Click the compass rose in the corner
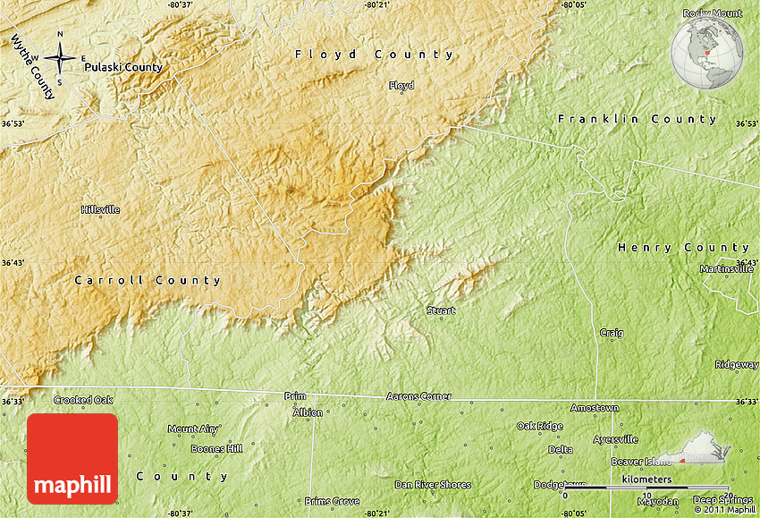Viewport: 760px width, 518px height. click(60, 58)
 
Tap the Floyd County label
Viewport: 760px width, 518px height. click(375, 55)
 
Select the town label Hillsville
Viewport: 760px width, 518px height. click(100, 209)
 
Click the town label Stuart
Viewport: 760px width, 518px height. click(441, 310)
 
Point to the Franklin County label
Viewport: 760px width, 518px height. click(637, 119)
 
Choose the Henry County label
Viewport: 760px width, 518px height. click(684, 247)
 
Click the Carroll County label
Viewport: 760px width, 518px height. click(148, 280)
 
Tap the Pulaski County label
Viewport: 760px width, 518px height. click(123, 67)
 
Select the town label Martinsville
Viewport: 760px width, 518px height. click(727, 268)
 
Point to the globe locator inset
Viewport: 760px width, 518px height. click(706, 53)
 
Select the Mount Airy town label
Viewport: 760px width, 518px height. click(193, 429)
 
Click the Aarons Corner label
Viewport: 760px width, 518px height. click(418, 395)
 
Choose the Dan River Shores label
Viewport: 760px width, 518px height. click(433, 485)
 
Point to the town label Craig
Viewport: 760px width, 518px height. click(612, 333)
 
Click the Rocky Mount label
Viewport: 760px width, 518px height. click(713, 13)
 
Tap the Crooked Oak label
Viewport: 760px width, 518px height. click(83, 400)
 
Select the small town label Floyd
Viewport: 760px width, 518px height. click(401, 86)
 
